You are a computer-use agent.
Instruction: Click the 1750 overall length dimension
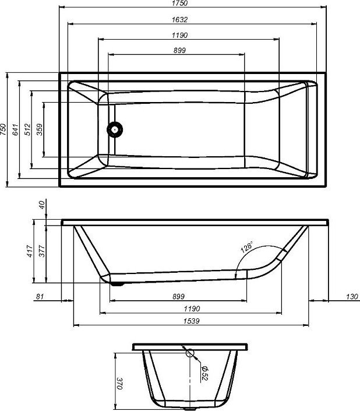(x=180, y=3)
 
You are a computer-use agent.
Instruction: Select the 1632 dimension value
(x=180, y=20)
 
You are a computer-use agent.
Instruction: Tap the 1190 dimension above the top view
(x=180, y=35)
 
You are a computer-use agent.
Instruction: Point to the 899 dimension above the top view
(x=179, y=50)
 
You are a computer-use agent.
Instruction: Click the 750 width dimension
(x=3, y=129)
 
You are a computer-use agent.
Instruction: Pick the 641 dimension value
(x=16, y=129)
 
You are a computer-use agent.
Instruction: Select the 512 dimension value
(x=27, y=129)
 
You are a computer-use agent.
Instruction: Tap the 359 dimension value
(x=39, y=129)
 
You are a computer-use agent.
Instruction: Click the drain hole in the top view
(x=115, y=129)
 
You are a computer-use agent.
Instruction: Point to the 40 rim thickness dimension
(x=42, y=205)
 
